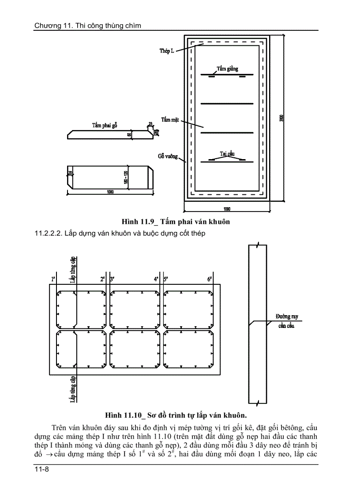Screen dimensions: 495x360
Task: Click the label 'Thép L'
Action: pyautogui.click(x=167, y=52)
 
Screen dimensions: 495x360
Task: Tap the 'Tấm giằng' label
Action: pyautogui.click(x=227, y=69)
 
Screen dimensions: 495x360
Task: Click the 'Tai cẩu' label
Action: pyautogui.click(x=227, y=153)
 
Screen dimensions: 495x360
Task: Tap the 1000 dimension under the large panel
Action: pyautogui.click(x=227, y=208)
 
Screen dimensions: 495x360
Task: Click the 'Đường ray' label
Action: pyautogui.click(x=285, y=316)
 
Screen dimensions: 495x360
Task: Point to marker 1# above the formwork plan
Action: pyautogui.click(x=53, y=279)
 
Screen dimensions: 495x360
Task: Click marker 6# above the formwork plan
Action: pyautogui.click(x=210, y=279)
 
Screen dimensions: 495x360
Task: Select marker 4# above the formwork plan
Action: pyautogui.click(x=156, y=279)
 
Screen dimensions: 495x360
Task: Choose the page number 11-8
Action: pyautogui.click(x=41, y=470)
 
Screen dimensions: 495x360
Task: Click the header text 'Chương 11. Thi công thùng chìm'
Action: pyautogui.click(x=88, y=26)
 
